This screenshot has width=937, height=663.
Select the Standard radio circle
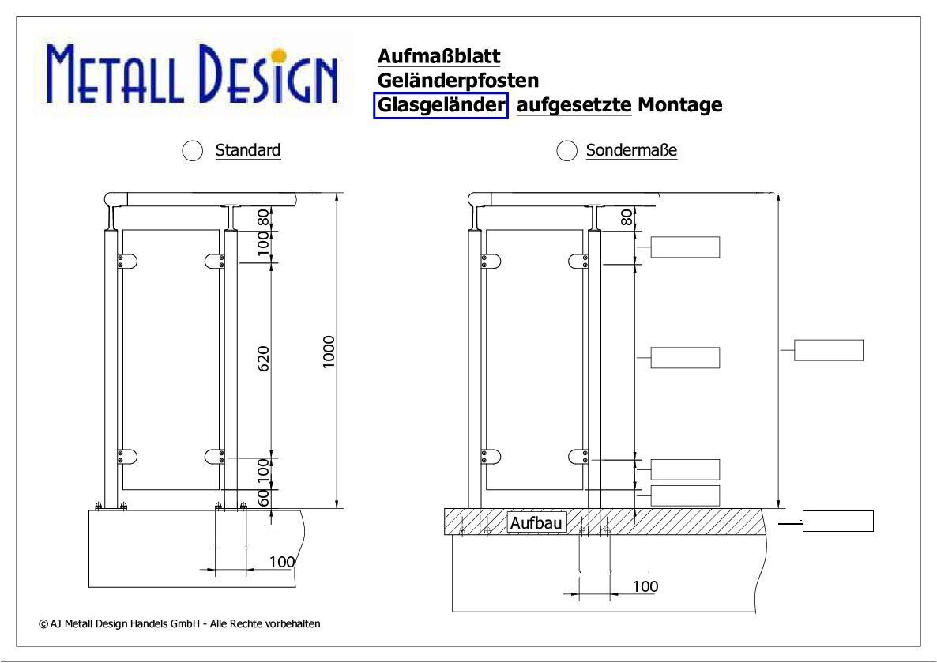[193, 151]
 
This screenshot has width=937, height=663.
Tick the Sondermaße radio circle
[566, 151]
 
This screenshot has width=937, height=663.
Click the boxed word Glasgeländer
[441, 105]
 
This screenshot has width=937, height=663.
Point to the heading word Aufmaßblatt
[438, 56]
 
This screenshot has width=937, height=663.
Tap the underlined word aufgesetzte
[574, 105]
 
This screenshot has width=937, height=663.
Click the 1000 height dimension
[329, 352]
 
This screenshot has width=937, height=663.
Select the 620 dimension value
[264, 358]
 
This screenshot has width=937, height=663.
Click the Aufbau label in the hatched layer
[536, 523]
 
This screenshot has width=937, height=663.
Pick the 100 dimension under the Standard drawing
[282, 562]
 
